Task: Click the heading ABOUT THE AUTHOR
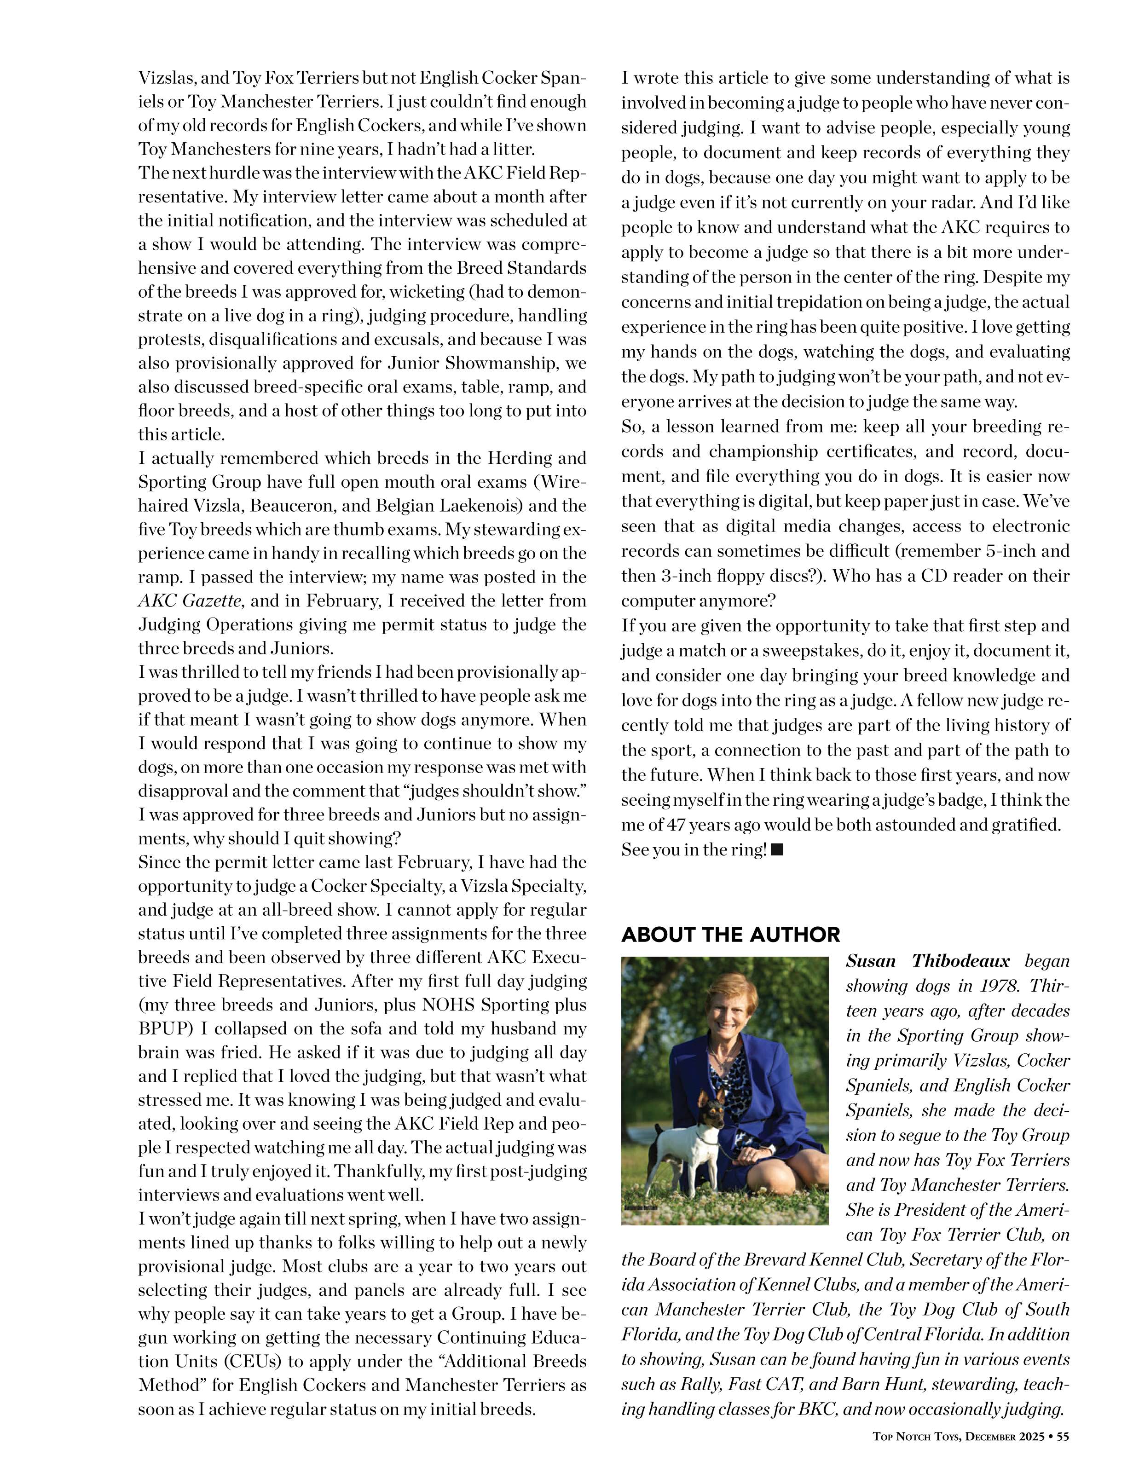click(730, 935)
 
